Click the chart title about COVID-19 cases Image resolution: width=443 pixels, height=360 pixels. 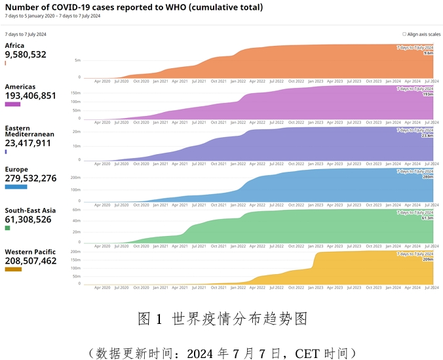point(134,7)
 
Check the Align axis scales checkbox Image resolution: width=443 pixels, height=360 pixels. point(404,33)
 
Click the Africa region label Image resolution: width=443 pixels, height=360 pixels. point(14,46)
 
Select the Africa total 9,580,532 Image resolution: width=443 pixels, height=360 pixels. point(26,55)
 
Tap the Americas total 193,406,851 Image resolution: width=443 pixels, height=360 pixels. point(30,96)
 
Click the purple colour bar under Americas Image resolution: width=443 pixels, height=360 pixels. point(12,104)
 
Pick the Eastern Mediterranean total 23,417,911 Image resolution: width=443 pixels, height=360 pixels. point(28,143)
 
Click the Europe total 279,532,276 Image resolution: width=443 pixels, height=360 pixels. point(30,178)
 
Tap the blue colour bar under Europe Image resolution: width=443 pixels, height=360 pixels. point(16,187)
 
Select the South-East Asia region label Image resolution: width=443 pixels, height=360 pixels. point(30,210)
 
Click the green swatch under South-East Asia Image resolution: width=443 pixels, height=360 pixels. point(7,228)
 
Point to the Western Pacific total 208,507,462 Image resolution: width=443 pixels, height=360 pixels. point(30,261)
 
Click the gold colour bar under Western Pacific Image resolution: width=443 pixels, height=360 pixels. point(13,270)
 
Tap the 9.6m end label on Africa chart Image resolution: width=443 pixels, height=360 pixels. point(429,53)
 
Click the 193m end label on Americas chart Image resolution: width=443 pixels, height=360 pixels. point(428,94)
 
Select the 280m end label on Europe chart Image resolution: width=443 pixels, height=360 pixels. point(428,176)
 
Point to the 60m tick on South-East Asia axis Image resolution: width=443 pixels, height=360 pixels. point(76,210)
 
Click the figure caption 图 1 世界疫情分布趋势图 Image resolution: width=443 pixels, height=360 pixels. point(222,319)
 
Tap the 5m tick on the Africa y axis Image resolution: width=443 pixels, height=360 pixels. point(77,60)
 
